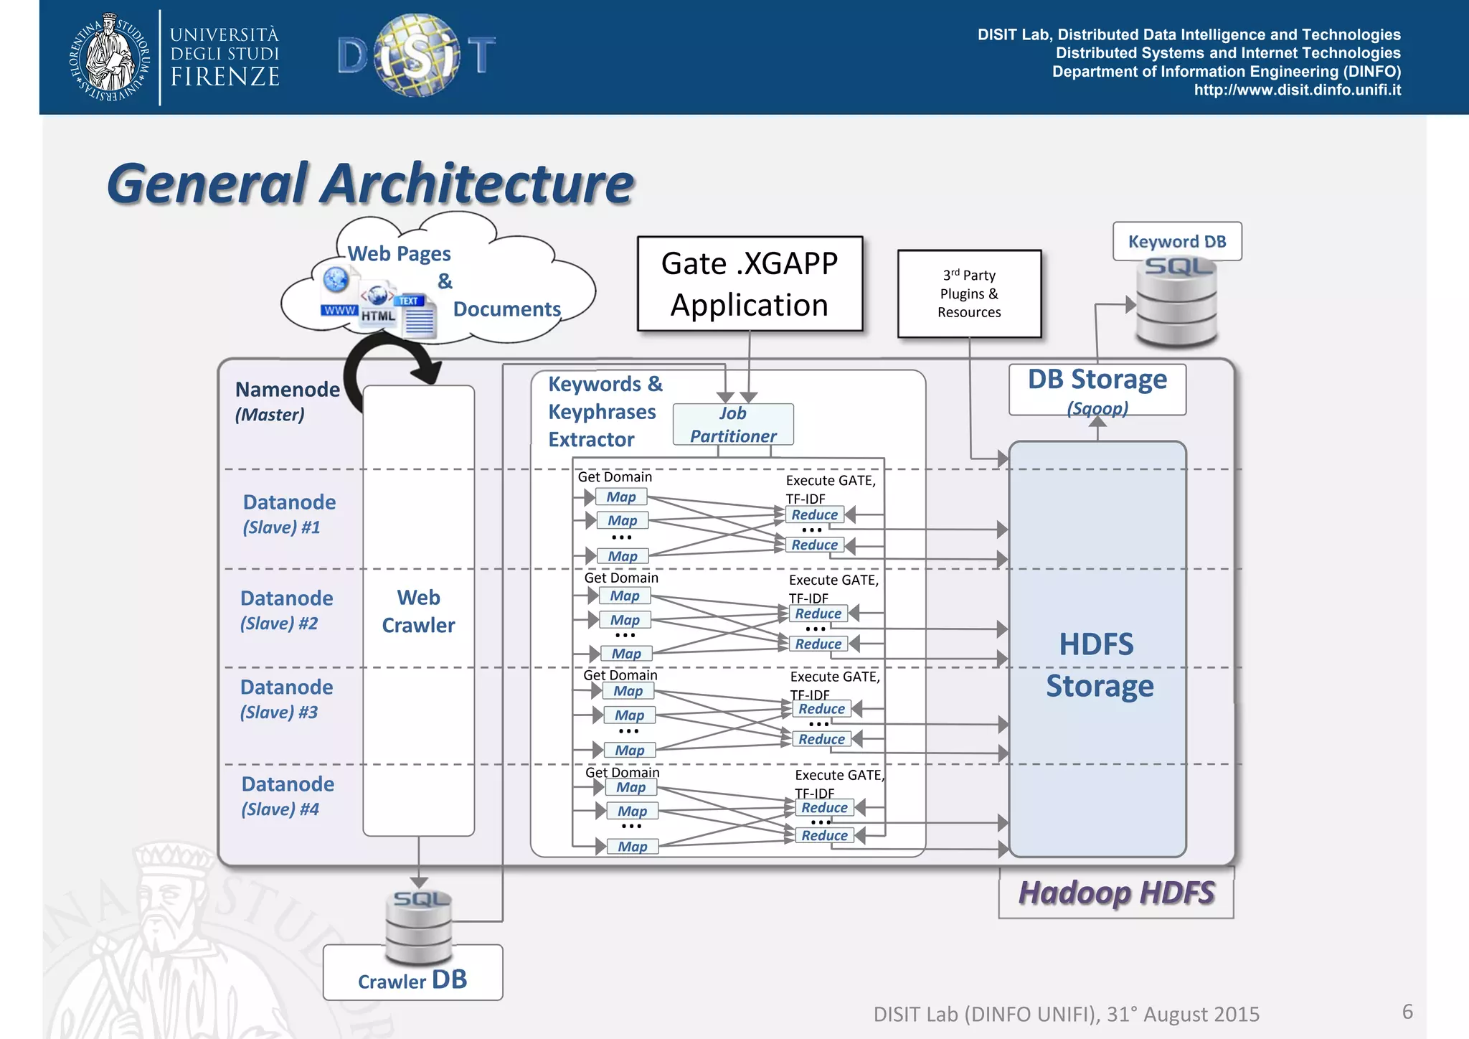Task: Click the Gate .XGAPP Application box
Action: [x=750, y=284]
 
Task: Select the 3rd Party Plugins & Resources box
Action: [x=969, y=293]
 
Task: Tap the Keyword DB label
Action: [x=1177, y=241]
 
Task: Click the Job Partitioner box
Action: [x=733, y=424]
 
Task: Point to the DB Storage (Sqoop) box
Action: [x=1097, y=390]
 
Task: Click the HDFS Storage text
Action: [x=1098, y=664]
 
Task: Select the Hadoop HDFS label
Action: [x=1116, y=893]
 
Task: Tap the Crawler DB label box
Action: [x=412, y=980]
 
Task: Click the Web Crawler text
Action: [x=418, y=611]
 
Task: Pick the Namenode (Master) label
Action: [x=286, y=400]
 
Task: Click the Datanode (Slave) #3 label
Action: [x=285, y=698]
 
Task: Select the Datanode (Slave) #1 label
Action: [x=288, y=513]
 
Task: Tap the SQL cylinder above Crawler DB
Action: [x=419, y=926]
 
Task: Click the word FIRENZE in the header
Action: [x=225, y=77]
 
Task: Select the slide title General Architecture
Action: [x=370, y=184]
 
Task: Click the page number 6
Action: [x=1407, y=1012]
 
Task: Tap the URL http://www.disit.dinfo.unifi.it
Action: [x=1297, y=90]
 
